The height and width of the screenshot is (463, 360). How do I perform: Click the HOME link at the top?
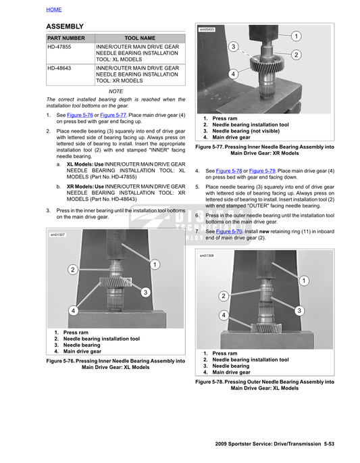54,9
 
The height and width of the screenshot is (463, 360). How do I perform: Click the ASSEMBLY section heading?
65,26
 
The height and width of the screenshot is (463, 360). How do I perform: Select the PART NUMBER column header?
66,39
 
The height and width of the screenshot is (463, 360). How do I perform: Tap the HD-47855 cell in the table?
59,47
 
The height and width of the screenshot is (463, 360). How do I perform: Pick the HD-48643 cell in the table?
59,68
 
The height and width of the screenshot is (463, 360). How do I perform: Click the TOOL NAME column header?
140,39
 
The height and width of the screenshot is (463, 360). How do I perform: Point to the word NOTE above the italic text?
115,91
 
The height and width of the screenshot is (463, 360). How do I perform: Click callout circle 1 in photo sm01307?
155,264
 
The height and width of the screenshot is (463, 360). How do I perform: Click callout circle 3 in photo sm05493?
233,47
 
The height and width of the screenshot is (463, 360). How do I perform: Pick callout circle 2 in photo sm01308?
222,296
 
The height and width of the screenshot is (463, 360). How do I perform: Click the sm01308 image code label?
207,255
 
